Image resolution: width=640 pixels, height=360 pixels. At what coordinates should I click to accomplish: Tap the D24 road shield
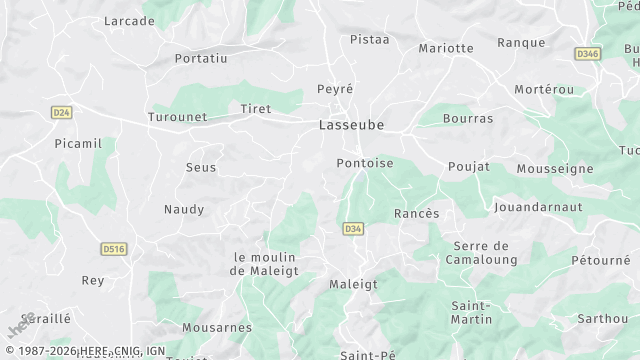pos(61,113)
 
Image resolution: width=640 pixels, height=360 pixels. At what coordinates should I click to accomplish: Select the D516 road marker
pos(114,248)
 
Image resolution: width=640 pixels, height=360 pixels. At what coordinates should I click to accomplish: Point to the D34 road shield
pos(352,229)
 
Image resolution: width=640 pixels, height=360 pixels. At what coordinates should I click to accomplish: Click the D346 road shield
pos(587,53)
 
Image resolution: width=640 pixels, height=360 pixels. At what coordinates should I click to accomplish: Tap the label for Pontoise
pos(365,163)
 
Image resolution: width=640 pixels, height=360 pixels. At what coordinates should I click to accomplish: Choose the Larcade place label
pos(130,21)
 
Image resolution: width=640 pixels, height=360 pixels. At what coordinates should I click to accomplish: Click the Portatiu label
pos(201,59)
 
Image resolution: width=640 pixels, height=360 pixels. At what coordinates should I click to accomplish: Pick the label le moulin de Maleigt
pos(266,263)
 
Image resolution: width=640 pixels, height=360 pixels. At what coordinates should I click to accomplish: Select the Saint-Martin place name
pos(472,312)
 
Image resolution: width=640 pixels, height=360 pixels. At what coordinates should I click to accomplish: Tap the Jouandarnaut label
pos(538,208)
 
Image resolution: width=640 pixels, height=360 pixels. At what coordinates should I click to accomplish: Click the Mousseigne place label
pos(555,169)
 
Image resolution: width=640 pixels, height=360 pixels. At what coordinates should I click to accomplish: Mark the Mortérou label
pos(544,89)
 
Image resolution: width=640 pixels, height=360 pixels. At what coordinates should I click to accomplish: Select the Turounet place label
pos(177,116)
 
